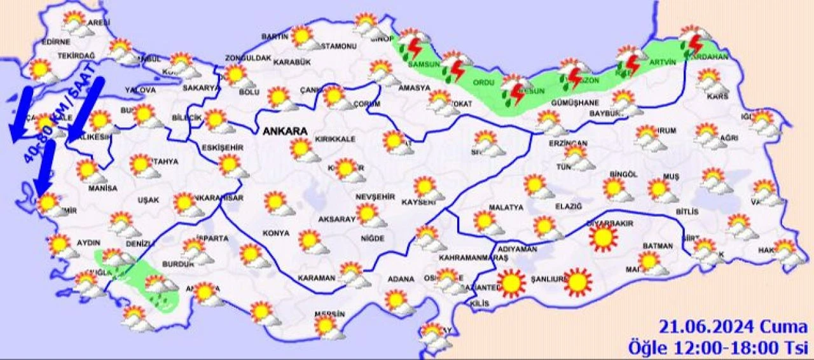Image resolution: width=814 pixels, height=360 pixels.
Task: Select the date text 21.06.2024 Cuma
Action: (x=733, y=328)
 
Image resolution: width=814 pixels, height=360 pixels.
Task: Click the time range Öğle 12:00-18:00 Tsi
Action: (x=718, y=347)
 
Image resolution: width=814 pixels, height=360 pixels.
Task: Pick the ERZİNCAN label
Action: (x=568, y=144)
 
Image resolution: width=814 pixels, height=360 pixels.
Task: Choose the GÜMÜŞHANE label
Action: (x=576, y=103)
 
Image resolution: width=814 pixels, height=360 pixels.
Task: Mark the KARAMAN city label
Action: (x=315, y=278)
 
